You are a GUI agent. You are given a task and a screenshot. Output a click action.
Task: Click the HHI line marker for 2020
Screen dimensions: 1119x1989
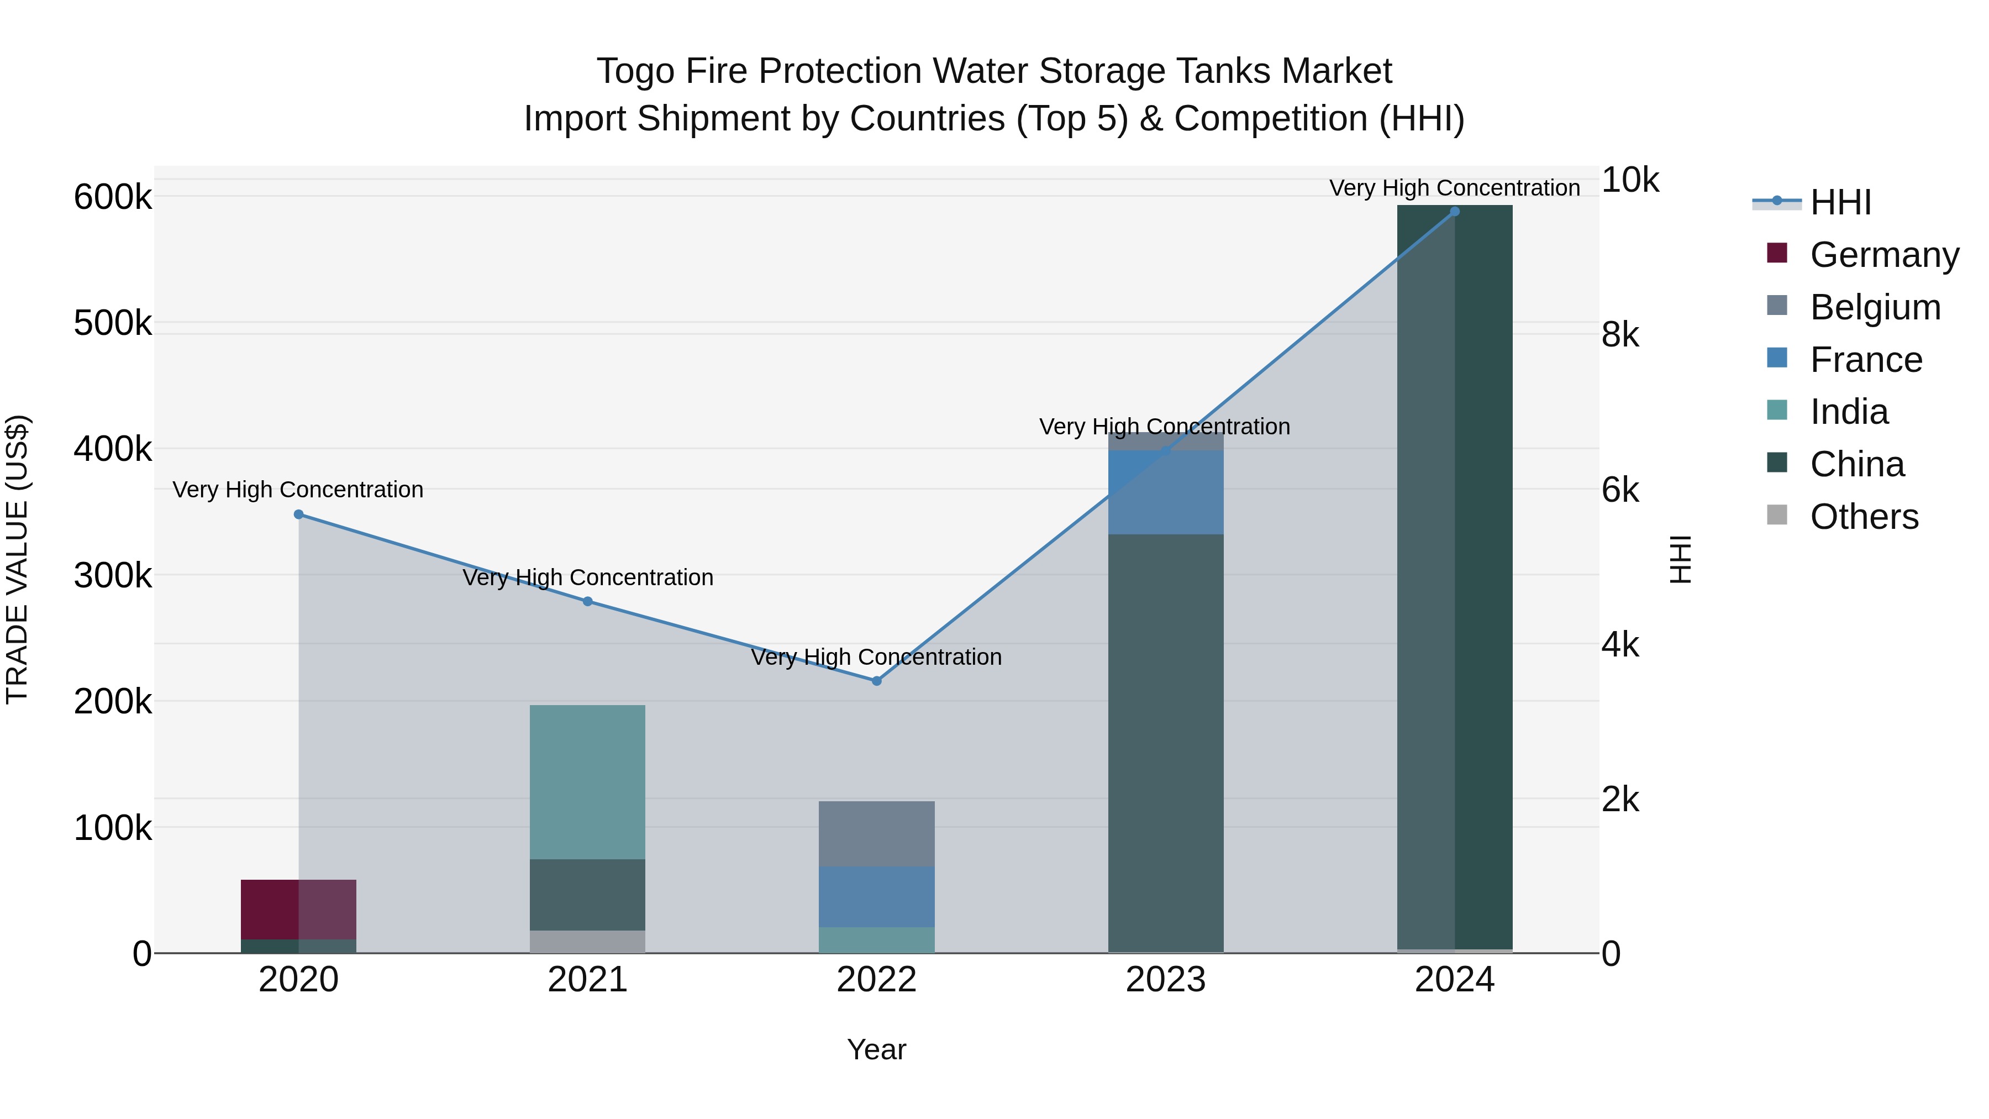tap(299, 514)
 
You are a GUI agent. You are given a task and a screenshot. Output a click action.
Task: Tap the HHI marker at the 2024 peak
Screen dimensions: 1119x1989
tap(1455, 212)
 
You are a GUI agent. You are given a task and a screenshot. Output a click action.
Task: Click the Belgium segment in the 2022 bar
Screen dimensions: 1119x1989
tap(876, 833)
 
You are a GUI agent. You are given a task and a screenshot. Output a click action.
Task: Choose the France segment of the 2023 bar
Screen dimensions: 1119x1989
tap(1166, 492)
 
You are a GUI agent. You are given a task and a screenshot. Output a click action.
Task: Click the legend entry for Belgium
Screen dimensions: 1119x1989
tap(1875, 307)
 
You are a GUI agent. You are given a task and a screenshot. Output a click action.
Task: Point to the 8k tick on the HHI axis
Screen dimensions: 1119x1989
tap(1620, 335)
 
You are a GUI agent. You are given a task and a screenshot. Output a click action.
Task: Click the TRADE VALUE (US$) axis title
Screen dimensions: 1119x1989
tap(17, 559)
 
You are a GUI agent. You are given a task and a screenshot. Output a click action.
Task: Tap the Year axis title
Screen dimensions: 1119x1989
tap(876, 1049)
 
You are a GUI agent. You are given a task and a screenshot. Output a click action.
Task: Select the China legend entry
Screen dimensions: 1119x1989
tap(1856, 464)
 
